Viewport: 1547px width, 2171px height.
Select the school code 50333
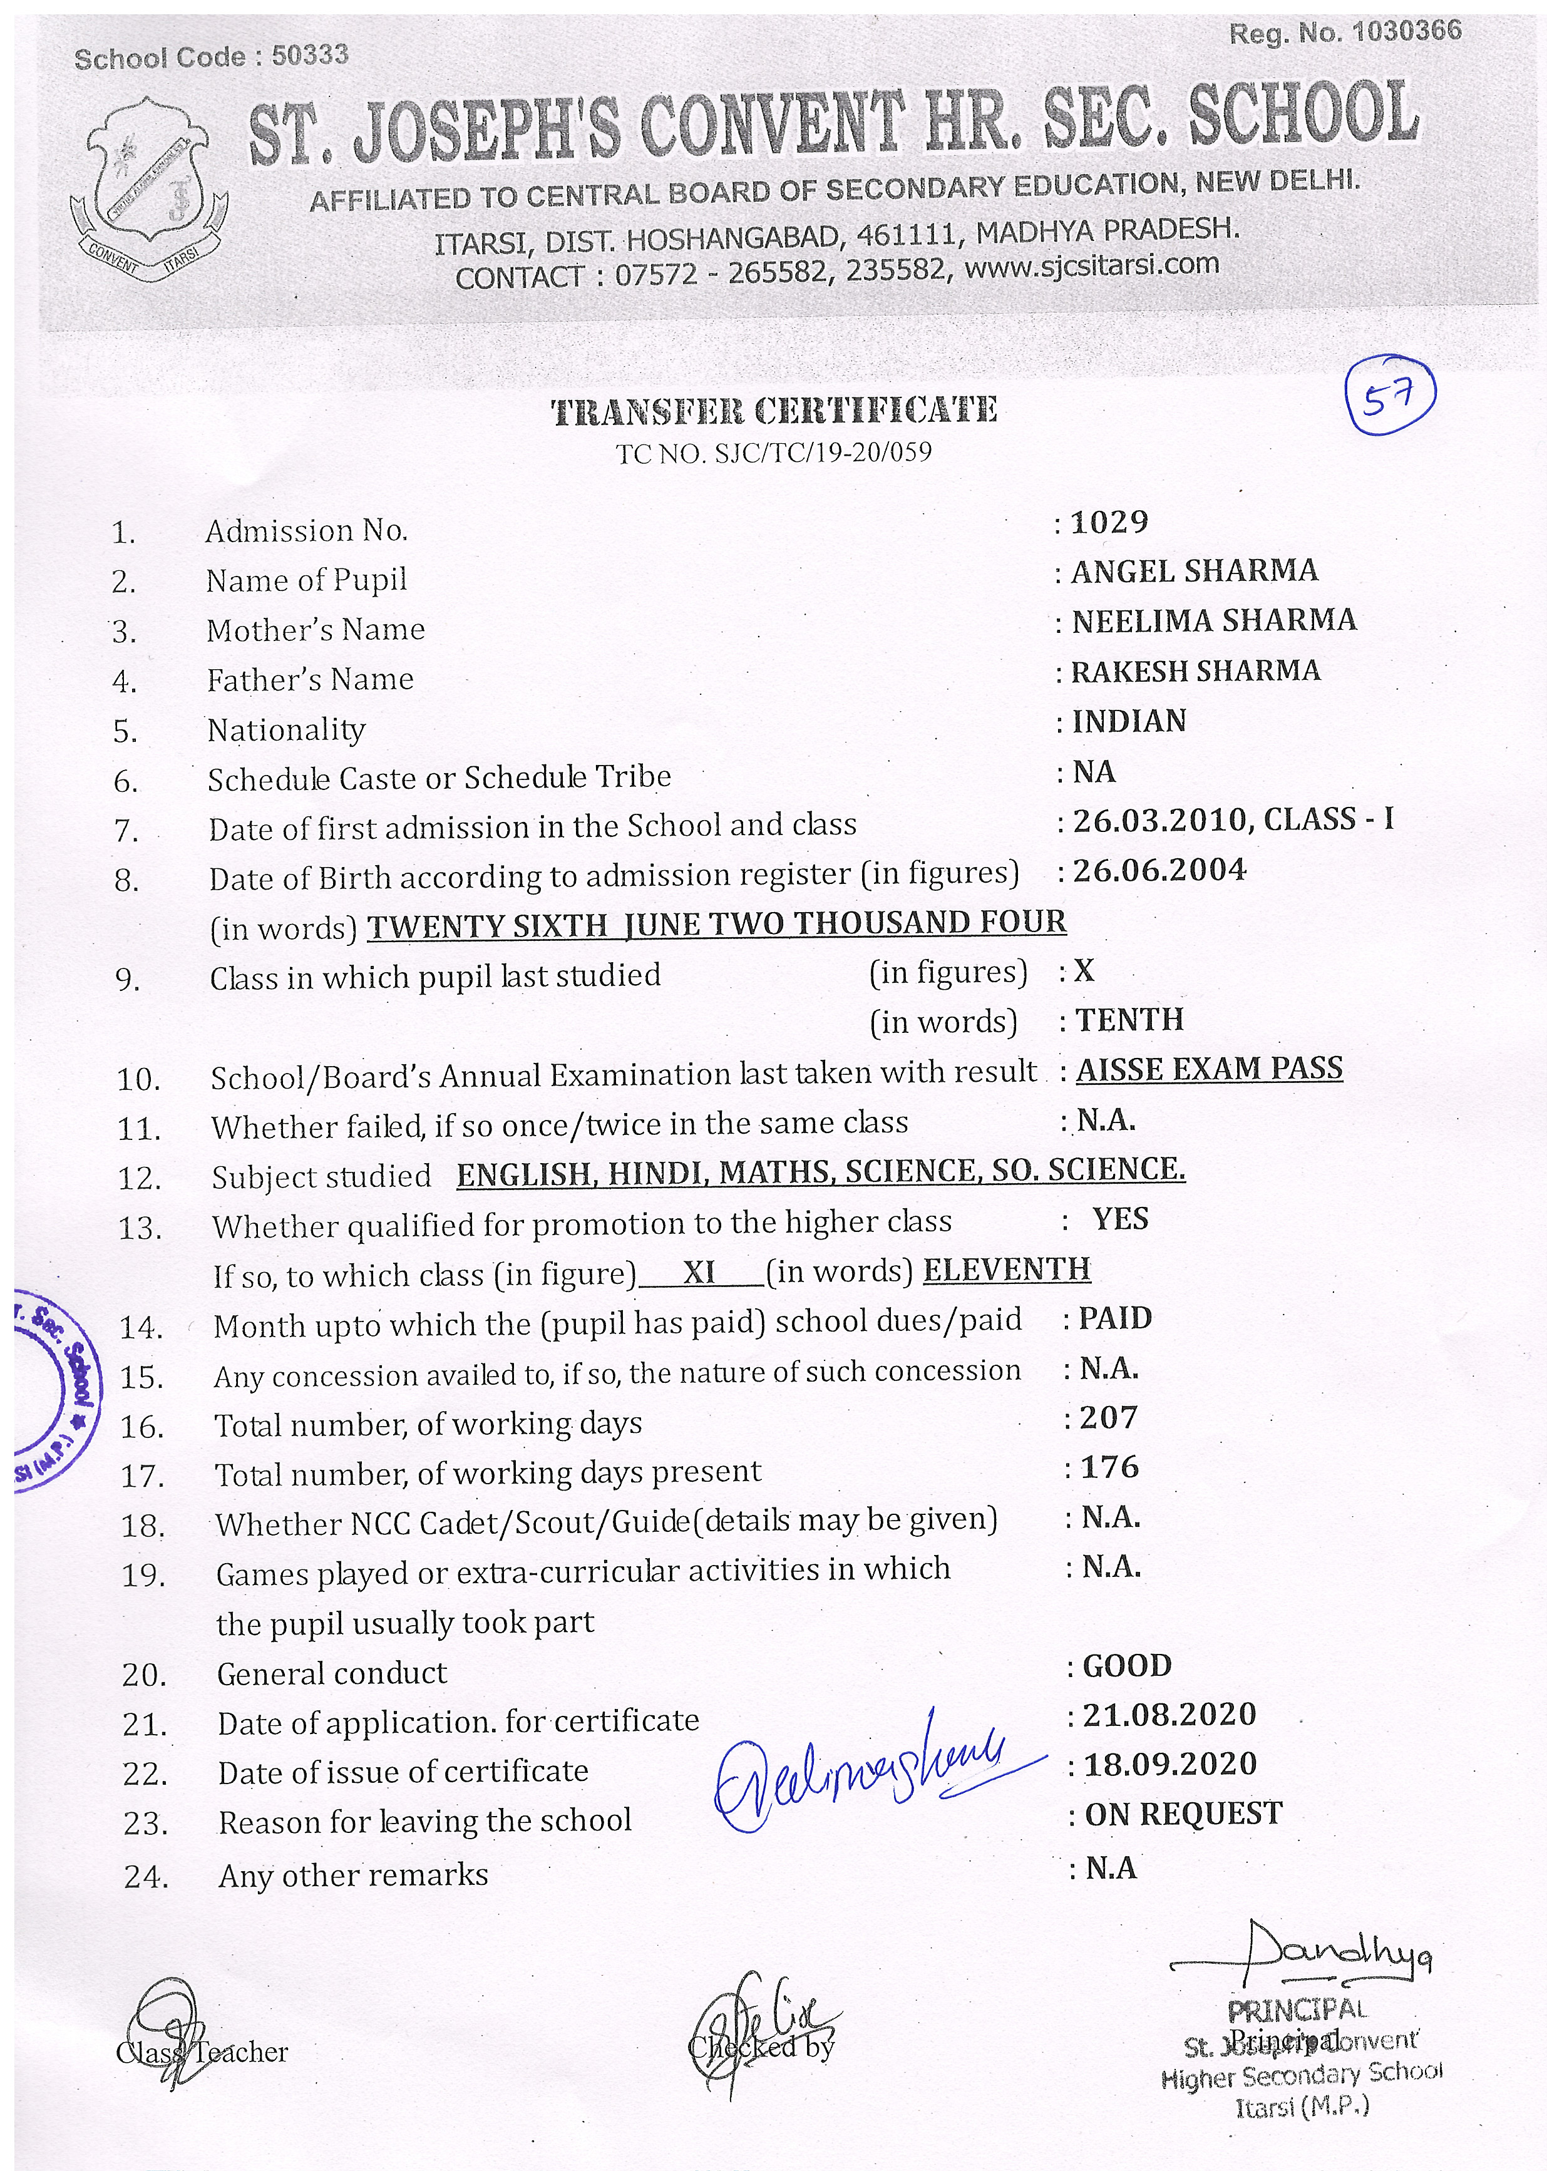click(x=310, y=55)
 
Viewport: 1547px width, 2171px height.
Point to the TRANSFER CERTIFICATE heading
click(x=774, y=411)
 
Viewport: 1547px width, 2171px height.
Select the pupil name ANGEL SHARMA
click(x=1195, y=572)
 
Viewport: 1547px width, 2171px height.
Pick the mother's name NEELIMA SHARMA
click(x=1213, y=621)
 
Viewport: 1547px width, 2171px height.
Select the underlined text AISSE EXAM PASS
click(x=1209, y=1069)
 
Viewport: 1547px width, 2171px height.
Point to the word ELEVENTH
click(x=1006, y=1270)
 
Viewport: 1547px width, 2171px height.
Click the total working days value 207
click(x=1109, y=1417)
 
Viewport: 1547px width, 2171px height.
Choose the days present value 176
click(x=1110, y=1467)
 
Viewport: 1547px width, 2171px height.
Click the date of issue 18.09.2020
click(x=1169, y=1764)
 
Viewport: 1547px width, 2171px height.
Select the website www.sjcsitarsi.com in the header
click(x=1092, y=266)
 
